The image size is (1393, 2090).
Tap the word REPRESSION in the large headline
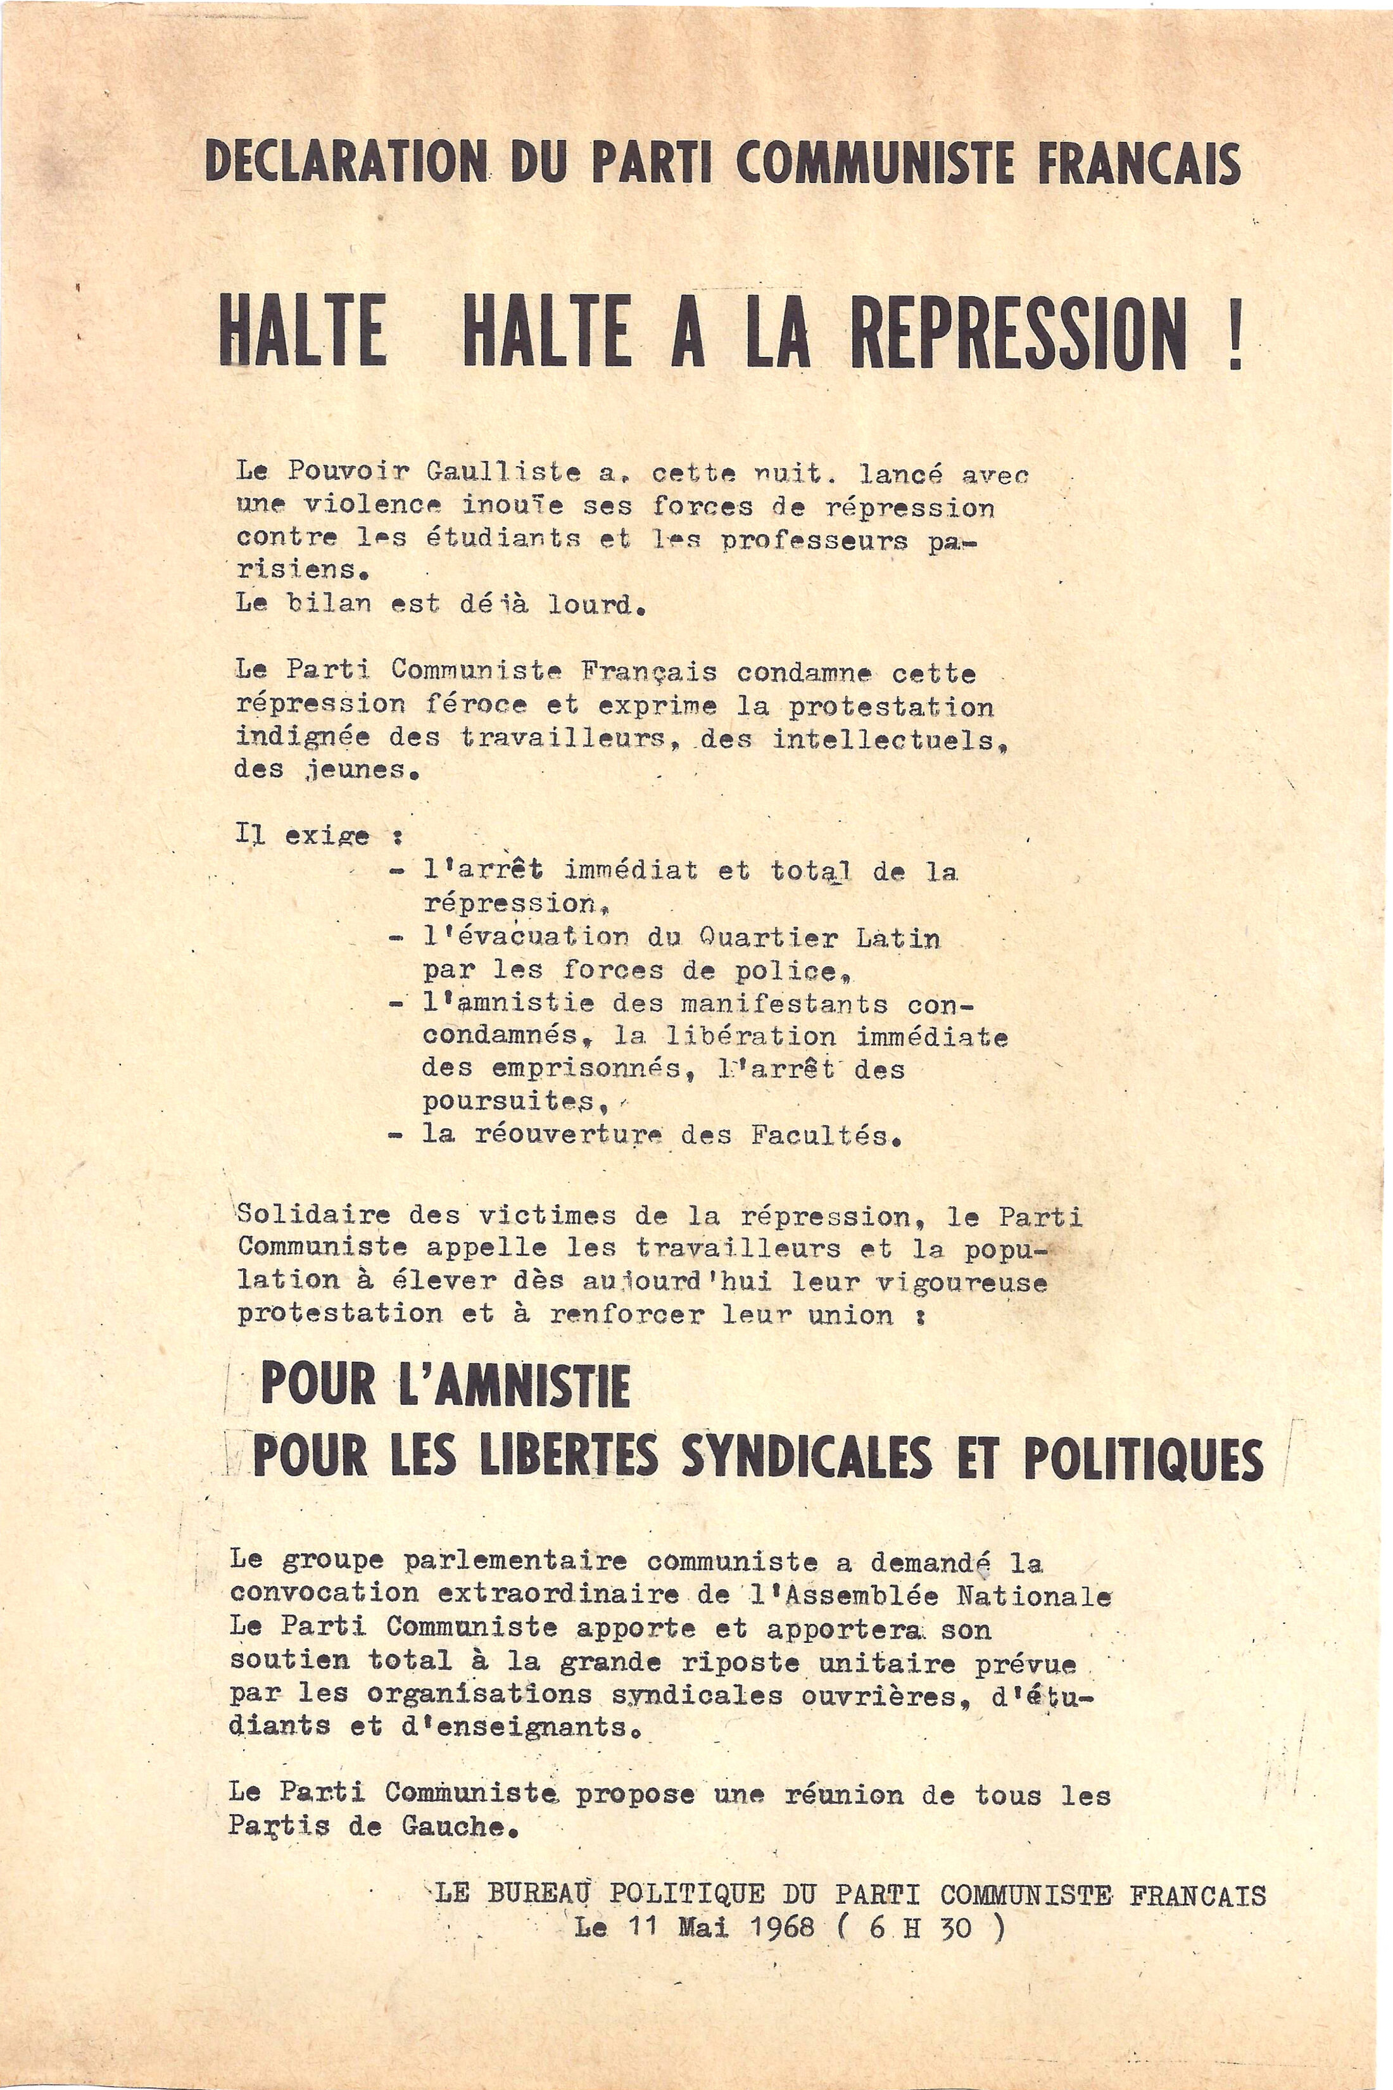click(1018, 336)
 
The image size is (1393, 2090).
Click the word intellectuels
click(892, 738)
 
